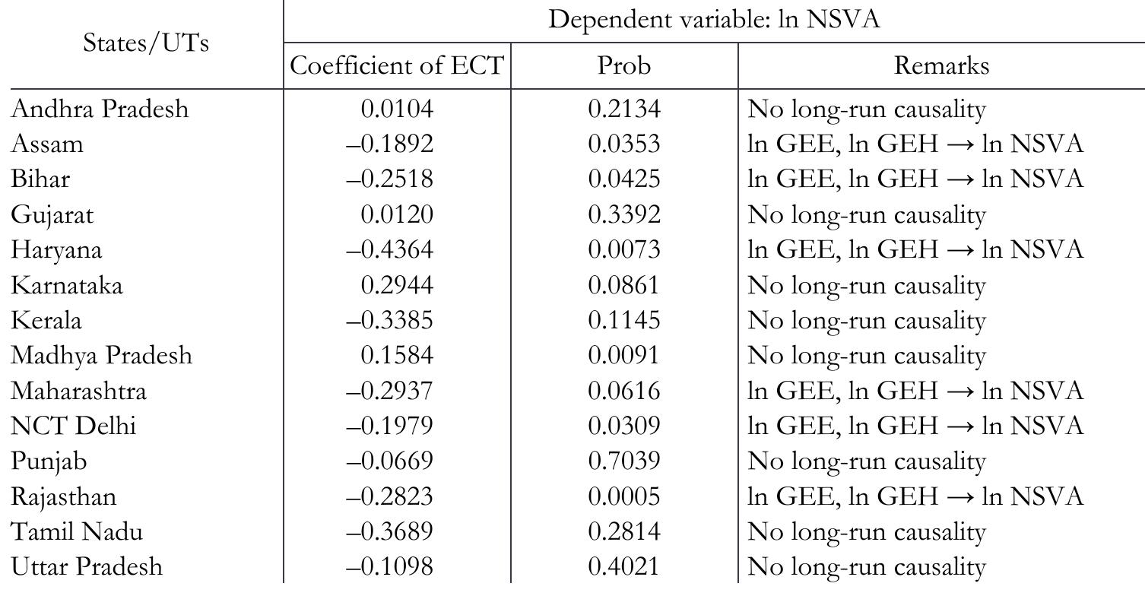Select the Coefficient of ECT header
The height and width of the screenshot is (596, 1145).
click(x=397, y=67)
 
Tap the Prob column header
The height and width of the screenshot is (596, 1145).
click(x=624, y=67)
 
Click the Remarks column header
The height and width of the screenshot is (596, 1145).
click(x=941, y=67)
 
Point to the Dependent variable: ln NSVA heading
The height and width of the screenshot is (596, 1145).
click(x=714, y=21)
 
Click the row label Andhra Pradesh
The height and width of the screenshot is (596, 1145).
click(x=100, y=110)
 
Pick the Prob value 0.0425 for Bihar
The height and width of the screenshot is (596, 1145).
click(x=624, y=180)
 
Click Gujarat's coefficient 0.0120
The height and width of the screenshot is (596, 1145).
click(x=397, y=215)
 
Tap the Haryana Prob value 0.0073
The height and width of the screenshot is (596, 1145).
click(x=624, y=250)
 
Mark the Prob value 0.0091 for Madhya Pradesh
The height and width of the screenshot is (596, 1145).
click(x=624, y=356)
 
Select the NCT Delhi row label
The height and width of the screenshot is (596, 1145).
click(x=73, y=426)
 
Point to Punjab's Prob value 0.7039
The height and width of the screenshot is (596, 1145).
click(x=624, y=461)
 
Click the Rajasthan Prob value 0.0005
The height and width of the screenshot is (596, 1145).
click(x=624, y=496)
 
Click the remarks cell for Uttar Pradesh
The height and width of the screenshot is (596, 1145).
click(x=867, y=567)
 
